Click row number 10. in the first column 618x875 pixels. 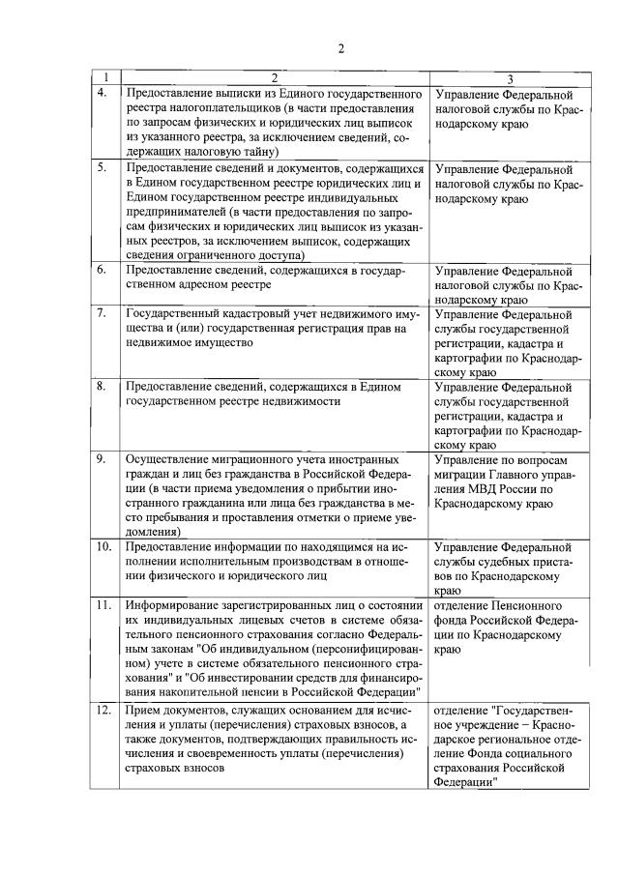[x=103, y=547]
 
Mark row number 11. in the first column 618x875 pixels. [x=103, y=605]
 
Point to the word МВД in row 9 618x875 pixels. [x=473, y=489]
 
